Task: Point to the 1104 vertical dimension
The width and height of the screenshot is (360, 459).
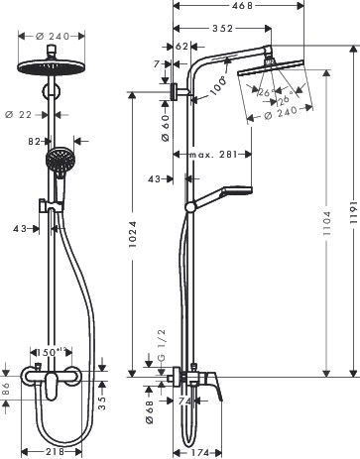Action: (x=328, y=226)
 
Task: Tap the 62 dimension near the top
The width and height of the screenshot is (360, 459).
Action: (x=180, y=46)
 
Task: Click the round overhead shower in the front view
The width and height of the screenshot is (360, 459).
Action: (x=47, y=66)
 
